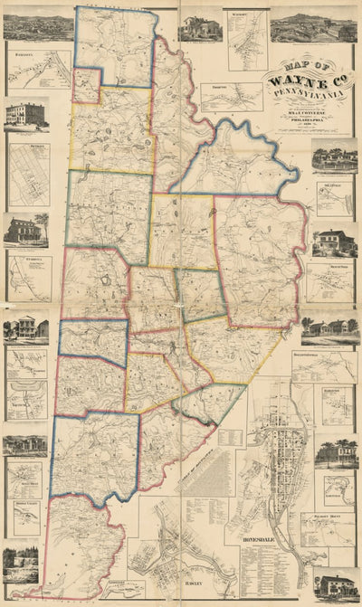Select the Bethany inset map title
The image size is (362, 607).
click(x=24, y=145)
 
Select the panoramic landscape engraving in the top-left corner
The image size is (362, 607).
click(x=38, y=27)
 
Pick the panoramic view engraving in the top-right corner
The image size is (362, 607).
click(x=326, y=28)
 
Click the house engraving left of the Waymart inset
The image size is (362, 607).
click(x=200, y=28)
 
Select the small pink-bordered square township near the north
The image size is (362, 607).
click(x=86, y=85)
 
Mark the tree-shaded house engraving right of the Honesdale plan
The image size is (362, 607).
click(x=335, y=452)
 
